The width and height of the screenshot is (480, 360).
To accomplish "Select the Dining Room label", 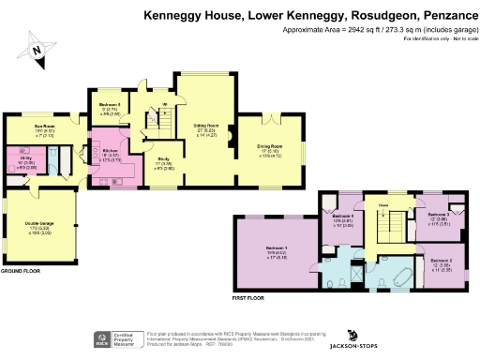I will point(270,147).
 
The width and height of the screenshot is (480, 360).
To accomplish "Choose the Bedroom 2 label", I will point(440,263).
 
